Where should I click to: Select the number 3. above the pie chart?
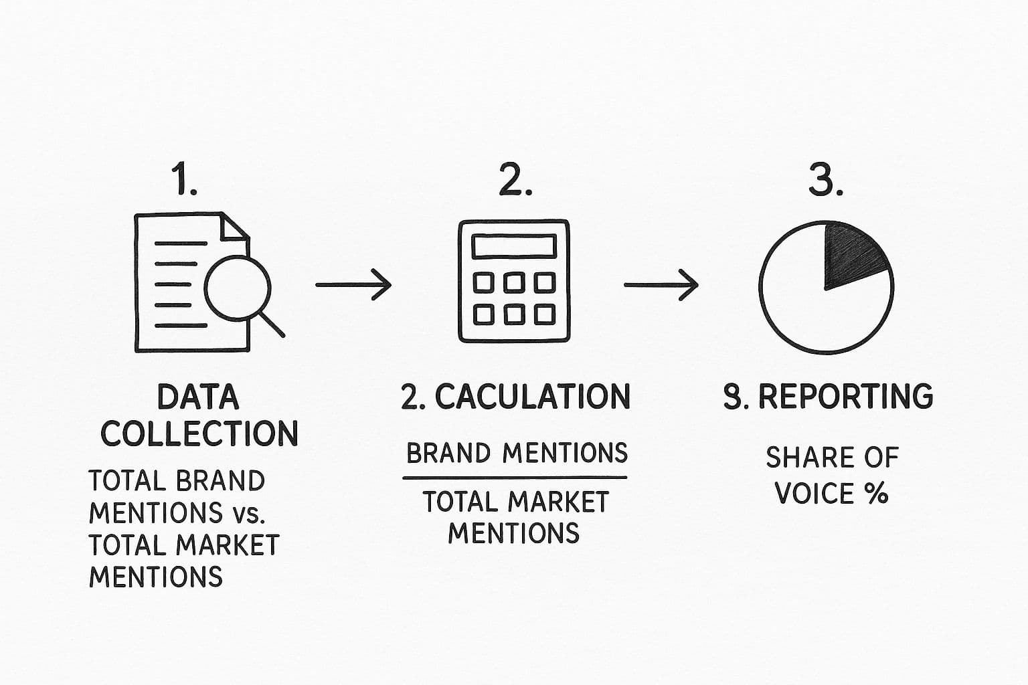(825, 180)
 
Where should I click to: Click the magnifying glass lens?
(237, 289)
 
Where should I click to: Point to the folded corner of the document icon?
(234, 227)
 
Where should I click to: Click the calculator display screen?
(514, 246)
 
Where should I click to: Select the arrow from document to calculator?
(353, 284)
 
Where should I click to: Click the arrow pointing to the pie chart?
(661, 284)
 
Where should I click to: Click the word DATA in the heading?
(198, 397)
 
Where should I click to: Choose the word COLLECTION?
(199, 433)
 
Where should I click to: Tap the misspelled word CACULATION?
(533, 397)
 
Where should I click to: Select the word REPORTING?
(845, 397)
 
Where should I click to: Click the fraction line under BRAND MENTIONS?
(514, 478)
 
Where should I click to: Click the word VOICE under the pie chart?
(814, 494)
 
